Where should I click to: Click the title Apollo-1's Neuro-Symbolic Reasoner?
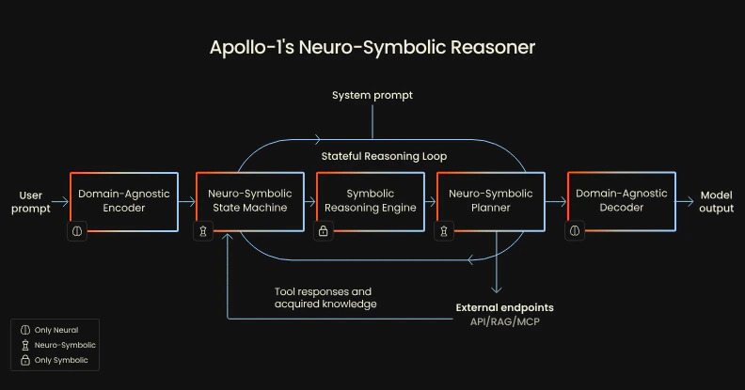pyautogui.click(x=372, y=47)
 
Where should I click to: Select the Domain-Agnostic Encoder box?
pyautogui.click(x=124, y=200)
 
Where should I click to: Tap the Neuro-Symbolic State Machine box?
pyautogui.click(x=249, y=200)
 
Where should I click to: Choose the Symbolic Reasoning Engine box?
pyautogui.click(x=369, y=200)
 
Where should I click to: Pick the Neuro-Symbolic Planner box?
pyautogui.click(x=490, y=200)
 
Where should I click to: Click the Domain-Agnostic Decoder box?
pyautogui.click(x=622, y=200)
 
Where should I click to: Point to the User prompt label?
pyautogui.click(x=31, y=201)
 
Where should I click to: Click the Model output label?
pyautogui.click(x=717, y=201)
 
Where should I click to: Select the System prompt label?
pyautogui.click(x=372, y=95)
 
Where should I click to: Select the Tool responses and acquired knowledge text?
pyautogui.click(x=325, y=297)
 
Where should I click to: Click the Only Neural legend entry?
pyautogui.click(x=55, y=330)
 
